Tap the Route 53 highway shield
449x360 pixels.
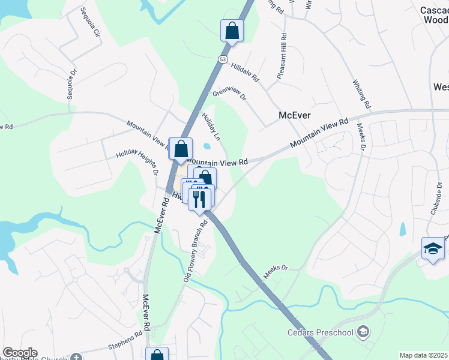point(223,59)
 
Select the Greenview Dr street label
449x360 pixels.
point(229,93)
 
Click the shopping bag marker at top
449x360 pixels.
point(232,30)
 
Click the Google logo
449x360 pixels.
point(20,353)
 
